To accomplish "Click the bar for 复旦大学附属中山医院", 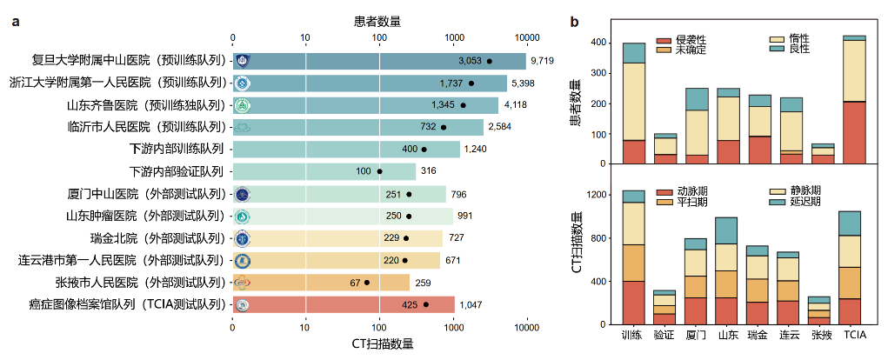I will click(x=379, y=61).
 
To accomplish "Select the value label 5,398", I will click(x=523, y=83).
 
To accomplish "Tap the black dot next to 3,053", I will click(x=490, y=61).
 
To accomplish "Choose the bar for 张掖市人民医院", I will click(x=322, y=283).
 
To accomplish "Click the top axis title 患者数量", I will click(x=378, y=21).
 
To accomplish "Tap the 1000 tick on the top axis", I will click(x=453, y=37).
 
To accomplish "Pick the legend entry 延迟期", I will click(x=803, y=202).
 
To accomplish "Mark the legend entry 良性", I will click(x=798, y=50).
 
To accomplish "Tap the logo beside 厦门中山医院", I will click(x=243, y=194).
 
